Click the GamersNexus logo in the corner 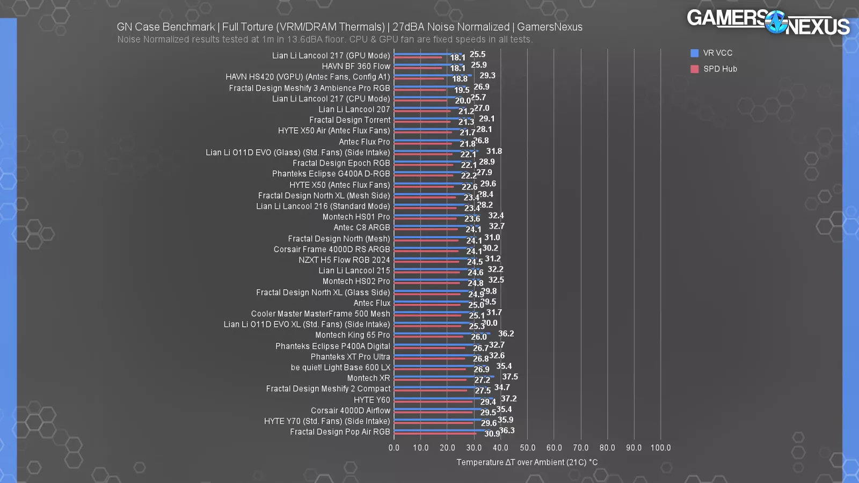(768, 22)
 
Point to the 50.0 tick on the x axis (527, 448)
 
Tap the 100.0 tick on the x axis (660, 448)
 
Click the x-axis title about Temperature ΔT (527, 462)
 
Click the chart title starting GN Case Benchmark (350, 27)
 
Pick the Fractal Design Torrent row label (350, 120)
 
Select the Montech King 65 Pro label (352, 335)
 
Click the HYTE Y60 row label (372, 400)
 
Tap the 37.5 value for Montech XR (510, 377)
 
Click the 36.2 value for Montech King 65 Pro (506, 334)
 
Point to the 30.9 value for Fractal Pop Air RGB (492, 434)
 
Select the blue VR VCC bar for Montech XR (443, 376)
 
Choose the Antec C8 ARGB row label (361, 228)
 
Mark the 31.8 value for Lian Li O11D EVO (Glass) (494, 151)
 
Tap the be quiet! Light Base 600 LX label (340, 368)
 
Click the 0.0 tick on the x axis (394, 448)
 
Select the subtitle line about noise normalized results (324, 40)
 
